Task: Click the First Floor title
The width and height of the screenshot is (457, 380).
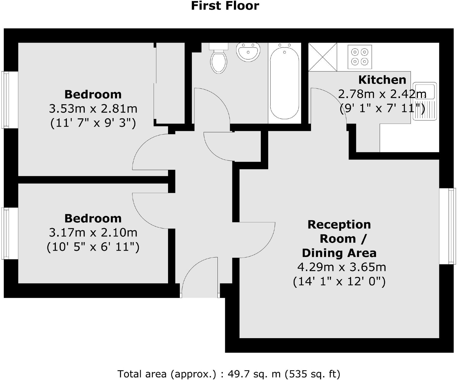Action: pos(225,6)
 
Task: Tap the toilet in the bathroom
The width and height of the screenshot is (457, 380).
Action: pos(219,60)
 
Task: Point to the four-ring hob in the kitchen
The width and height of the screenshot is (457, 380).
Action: pos(359,57)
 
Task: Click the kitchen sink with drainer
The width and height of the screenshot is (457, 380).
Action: pos(424,101)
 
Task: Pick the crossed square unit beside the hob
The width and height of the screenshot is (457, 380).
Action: pos(323,57)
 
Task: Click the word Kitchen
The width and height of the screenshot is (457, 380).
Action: pos(382,80)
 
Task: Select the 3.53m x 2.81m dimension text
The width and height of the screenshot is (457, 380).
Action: pos(93,109)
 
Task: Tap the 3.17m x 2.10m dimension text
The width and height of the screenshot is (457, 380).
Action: pos(93,233)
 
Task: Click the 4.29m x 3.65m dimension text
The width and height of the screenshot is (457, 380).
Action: pos(341,267)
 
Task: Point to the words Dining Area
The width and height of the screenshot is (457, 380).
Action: pos(339,253)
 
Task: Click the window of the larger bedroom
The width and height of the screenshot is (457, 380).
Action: pos(6,100)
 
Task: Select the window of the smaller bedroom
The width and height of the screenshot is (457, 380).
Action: pos(6,233)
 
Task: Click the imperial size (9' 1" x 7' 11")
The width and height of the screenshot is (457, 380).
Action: pos(382,109)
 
